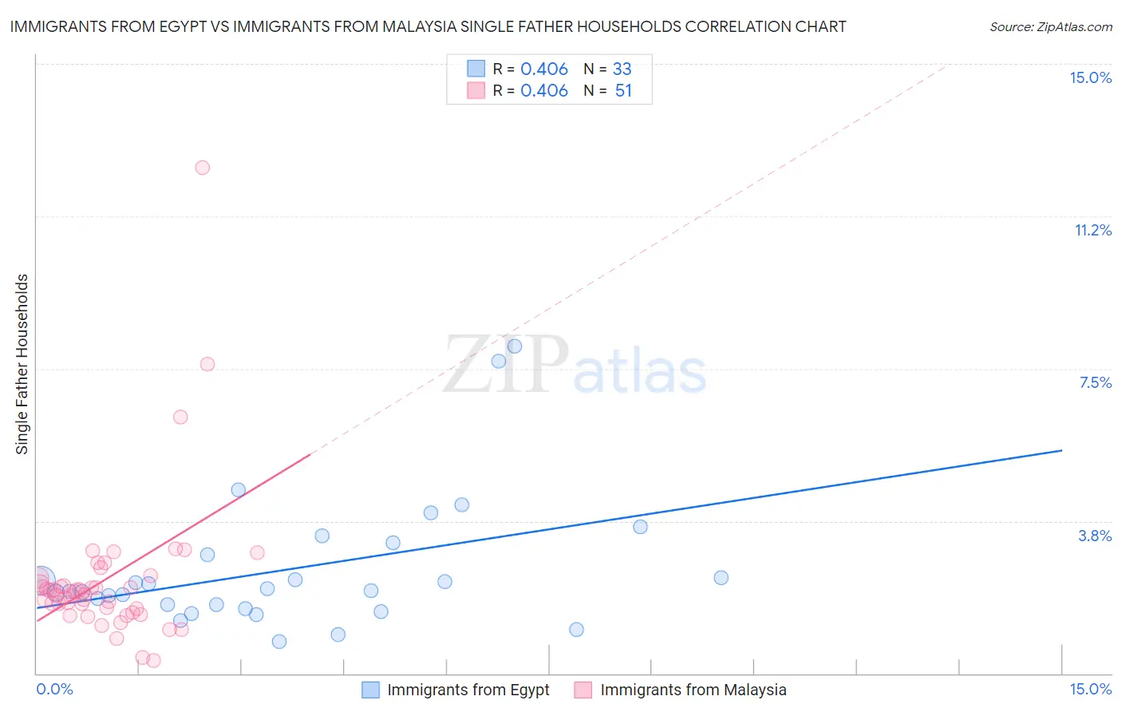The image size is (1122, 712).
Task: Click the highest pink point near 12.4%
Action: pos(203,168)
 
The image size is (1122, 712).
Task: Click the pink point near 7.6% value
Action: pos(207,364)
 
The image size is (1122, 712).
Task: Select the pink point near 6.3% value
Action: pos(180,417)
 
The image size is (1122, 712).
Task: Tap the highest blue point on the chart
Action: pos(515,346)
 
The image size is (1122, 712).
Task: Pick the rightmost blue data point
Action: pos(721,578)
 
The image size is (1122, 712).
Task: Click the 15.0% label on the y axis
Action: pos(1090,77)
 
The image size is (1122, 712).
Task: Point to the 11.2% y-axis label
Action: pos(1092,230)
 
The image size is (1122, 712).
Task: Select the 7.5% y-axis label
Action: pos(1095,382)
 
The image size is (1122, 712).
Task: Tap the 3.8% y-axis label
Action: pos(1095,536)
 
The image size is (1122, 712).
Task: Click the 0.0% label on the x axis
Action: pos(54,689)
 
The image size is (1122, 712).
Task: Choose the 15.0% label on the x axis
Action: pos(1090,689)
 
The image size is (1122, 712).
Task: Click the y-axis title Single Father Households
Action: pos(22,364)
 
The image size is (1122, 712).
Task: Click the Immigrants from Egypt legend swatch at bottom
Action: pos(370,690)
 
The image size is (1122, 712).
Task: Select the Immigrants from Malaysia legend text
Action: pos(693,690)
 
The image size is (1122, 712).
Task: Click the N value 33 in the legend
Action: pos(622,69)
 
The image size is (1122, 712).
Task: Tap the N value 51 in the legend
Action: pos(623,90)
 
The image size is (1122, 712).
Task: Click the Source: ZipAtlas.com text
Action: pos(1050,27)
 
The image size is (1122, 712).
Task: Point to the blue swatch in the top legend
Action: pos(476,69)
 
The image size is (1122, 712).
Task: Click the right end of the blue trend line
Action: pos(1062,450)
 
